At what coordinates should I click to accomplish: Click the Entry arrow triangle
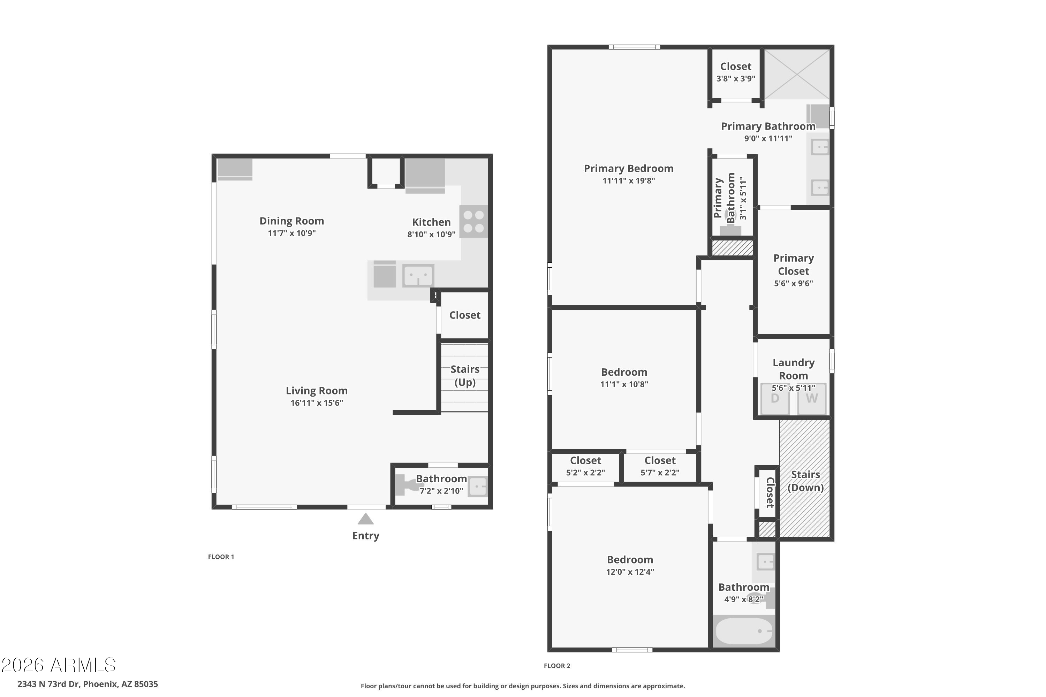click(x=365, y=519)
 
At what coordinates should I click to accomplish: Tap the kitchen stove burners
click(x=473, y=221)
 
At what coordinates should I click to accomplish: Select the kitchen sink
click(x=418, y=276)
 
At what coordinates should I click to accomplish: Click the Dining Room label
click(x=292, y=221)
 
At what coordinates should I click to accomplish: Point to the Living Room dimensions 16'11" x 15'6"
click(x=317, y=403)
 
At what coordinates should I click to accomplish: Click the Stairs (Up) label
click(x=465, y=376)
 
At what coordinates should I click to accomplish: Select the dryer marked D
click(x=775, y=399)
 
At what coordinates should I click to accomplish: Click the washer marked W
click(x=812, y=399)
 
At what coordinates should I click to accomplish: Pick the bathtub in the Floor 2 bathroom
click(x=744, y=631)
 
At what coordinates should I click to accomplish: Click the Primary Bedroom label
click(x=628, y=168)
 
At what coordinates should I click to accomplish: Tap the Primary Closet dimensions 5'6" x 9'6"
click(x=794, y=283)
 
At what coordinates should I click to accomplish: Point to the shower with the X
click(x=797, y=74)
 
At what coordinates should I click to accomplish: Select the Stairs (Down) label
click(x=805, y=481)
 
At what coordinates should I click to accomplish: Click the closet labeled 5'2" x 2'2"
click(x=585, y=467)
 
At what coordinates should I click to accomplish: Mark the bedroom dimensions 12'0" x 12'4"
click(x=630, y=572)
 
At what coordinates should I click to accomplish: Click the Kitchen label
click(x=431, y=222)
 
